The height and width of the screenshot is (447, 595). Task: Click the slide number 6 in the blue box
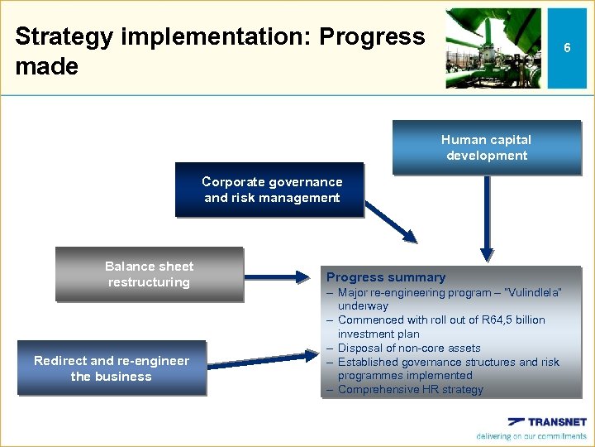tap(567, 49)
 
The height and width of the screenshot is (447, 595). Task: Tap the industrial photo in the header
tap(493, 49)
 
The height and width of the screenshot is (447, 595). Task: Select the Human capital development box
tap(486, 148)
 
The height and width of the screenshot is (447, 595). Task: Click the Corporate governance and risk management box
tap(271, 190)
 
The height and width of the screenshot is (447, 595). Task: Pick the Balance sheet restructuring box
tap(149, 274)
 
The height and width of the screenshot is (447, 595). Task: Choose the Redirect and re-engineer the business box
tap(111, 368)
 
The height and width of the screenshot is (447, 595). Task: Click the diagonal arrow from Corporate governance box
tap(392, 223)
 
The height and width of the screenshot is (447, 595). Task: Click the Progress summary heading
tap(385, 277)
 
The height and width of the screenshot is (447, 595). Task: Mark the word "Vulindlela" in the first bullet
tap(531, 293)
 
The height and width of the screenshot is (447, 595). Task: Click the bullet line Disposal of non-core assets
tap(408, 348)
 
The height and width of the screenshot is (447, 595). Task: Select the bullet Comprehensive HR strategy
tap(410, 390)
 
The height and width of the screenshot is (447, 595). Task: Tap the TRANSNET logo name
tap(555, 422)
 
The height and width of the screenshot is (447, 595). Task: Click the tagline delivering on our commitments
tap(531, 436)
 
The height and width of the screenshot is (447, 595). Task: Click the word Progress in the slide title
tap(372, 36)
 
